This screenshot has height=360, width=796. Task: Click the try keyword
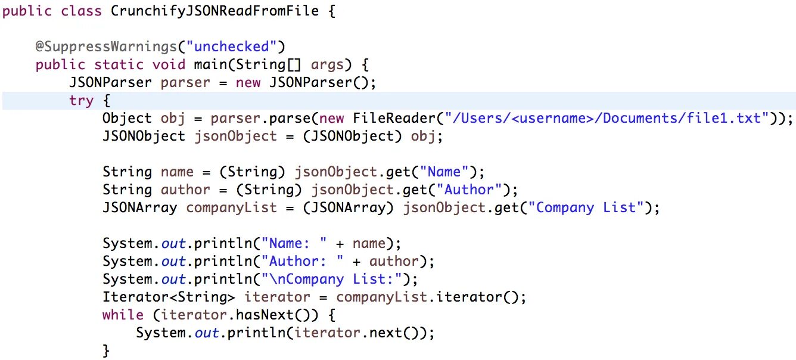tap(82, 100)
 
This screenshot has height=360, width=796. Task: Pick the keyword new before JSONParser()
tap(248, 82)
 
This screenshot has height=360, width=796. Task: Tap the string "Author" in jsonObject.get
tap(465, 190)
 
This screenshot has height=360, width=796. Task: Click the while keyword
tap(123, 315)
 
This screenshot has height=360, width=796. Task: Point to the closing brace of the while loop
tap(107, 350)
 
